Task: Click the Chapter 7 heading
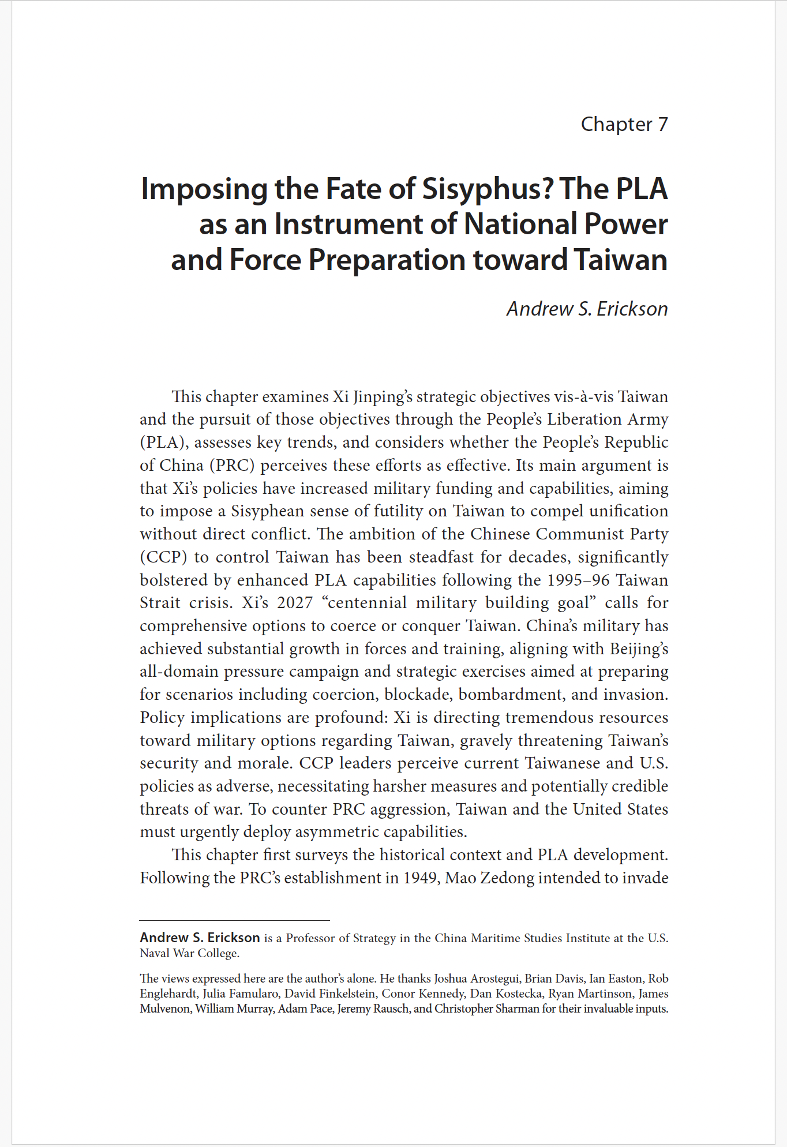624,125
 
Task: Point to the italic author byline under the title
587,309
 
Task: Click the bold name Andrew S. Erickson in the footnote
200,938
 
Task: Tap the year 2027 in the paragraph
294,603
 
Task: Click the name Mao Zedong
490,878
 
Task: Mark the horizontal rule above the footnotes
234,920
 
